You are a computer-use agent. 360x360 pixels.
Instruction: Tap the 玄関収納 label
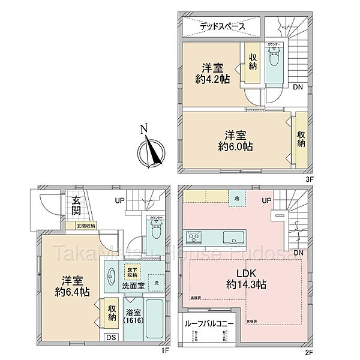[x=85, y=226]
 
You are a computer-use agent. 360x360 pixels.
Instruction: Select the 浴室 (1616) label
[x=132, y=317]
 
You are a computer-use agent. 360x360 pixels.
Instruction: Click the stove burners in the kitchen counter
[x=195, y=237]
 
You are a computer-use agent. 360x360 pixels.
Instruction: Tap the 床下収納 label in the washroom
[x=131, y=274]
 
